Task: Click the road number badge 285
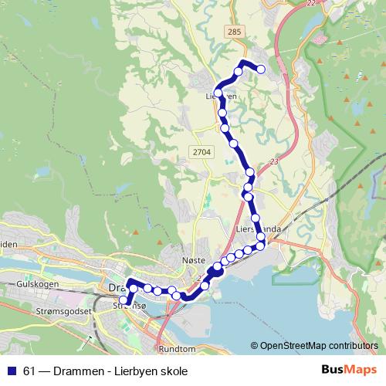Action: tap(235, 31)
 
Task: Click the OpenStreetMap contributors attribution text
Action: tap(318, 346)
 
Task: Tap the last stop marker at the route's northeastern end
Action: tap(261, 69)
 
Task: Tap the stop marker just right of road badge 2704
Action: tap(233, 142)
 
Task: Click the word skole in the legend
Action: tap(174, 371)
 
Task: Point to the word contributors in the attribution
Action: tap(348, 346)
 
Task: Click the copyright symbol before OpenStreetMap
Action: tap(255, 346)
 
